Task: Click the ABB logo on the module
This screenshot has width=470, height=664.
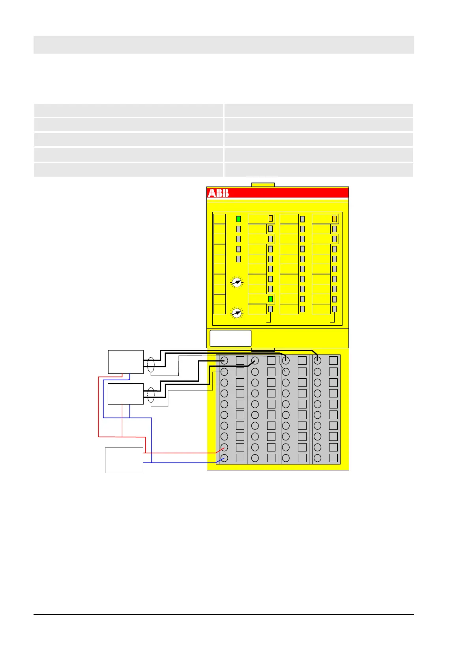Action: tap(218, 193)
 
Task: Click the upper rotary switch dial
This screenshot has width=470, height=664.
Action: tap(236, 282)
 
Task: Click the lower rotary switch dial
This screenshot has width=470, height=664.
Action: tap(236, 313)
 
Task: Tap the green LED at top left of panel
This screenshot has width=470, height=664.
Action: tap(238, 219)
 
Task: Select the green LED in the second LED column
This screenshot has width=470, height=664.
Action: tap(270, 299)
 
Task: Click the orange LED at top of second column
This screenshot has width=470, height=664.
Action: tap(271, 218)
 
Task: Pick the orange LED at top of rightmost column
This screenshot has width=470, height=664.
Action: tap(334, 219)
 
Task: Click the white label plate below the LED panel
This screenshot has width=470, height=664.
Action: tap(230, 338)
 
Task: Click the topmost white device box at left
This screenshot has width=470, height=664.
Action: tap(126, 362)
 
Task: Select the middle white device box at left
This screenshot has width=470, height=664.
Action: tap(126, 394)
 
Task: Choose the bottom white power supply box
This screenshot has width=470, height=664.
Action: tap(124, 460)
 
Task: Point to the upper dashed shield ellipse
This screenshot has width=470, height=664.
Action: tap(151, 365)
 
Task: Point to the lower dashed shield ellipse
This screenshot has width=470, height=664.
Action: tap(151, 395)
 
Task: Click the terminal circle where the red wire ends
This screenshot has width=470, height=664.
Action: tap(225, 447)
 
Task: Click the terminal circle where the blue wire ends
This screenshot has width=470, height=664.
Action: tap(225, 458)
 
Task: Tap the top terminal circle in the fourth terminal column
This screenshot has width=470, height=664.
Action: tap(317, 360)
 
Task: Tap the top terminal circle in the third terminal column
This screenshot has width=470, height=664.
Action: tap(286, 360)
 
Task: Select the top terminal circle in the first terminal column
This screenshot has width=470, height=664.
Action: tap(225, 360)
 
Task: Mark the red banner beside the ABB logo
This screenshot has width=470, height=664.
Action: tap(288, 193)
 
